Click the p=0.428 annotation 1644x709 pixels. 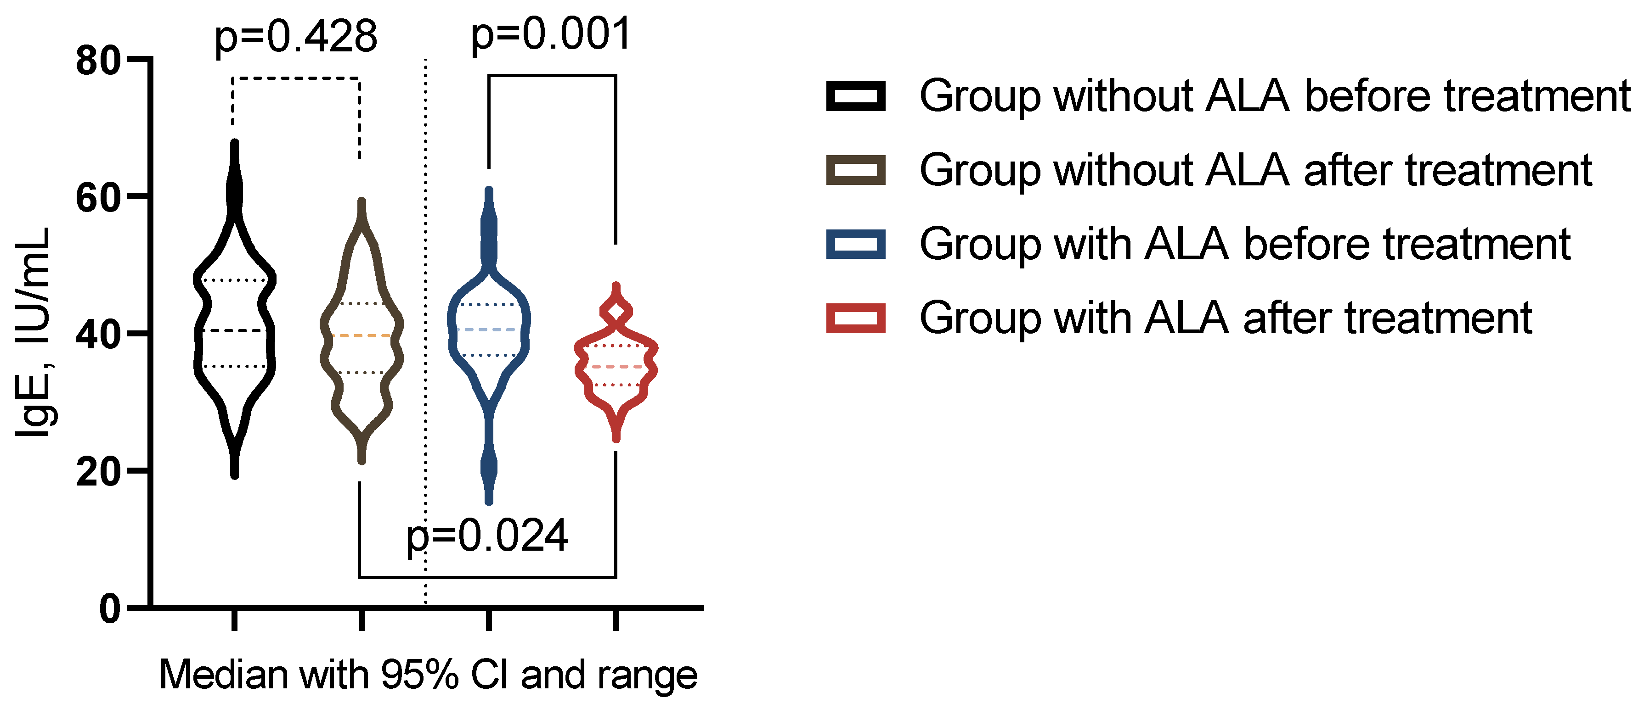pyautogui.click(x=295, y=37)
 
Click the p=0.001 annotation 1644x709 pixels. pyautogui.click(x=551, y=34)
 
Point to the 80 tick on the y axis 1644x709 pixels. pyautogui.click(x=98, y=62)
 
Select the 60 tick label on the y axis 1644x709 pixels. pyautogui.click(x=98, y=198)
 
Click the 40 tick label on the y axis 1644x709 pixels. pyautogui.click(x=98, y=335)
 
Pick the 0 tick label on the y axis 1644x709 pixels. pyautogui.click(x=110, y=609)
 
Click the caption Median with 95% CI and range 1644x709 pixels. pyautogui.click(x=428, y=675)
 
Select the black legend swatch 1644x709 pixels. pyautogui.click(x=855, y=96)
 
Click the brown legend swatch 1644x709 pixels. pyautogui.click(x=855, y=170)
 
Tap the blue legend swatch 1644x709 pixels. pyautogui.click(x=855, y=244)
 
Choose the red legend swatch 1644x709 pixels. pyautogui.click(x=855, y=318)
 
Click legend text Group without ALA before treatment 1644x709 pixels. pyautogui.click(x=1275, y=96)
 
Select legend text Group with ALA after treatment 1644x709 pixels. pyautogui.click(x=1226, y=318)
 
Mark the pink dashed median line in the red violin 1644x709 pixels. pyautogui.click(x=616, y=367)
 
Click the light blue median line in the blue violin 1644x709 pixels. pyautogui.click(x=489, y=329)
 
